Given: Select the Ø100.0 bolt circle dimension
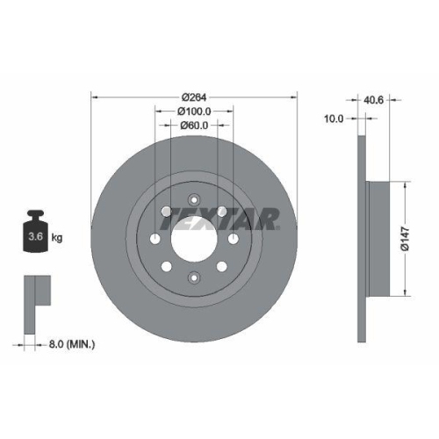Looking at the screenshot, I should click(194, 112).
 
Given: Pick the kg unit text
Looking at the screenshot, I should click(58, 237).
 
